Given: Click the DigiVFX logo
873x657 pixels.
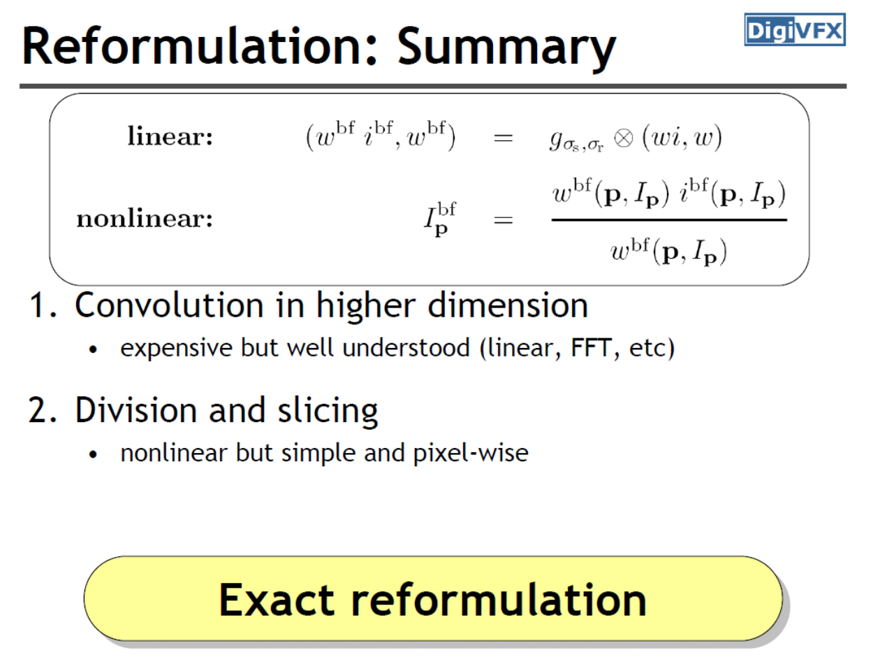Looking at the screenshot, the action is pos(795,30).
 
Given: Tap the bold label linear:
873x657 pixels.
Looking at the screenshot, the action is pos(170,136).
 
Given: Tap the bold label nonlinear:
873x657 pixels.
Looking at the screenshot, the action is pos(145,219).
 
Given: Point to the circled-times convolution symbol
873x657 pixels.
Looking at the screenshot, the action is pos(623,139).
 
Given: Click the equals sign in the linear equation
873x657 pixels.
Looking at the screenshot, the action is pos(503,139).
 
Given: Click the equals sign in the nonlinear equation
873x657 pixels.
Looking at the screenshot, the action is pos(503,219).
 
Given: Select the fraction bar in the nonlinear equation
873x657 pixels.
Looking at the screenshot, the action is pos(669,219).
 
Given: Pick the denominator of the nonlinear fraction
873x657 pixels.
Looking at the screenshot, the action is pos(669,252).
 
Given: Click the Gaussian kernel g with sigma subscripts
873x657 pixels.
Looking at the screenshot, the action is pos(577,140).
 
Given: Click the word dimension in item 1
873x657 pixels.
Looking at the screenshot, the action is pos(508,305).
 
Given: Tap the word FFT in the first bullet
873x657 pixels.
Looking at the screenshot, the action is pos(591,348).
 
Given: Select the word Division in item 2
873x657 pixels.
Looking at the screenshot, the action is pos(136,410).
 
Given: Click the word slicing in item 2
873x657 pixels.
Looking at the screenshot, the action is pos(328,412).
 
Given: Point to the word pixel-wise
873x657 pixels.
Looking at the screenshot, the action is pos(471,453).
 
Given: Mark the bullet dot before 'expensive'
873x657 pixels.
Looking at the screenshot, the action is pos(93,349).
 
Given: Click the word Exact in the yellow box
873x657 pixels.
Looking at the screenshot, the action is pos(277,600).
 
